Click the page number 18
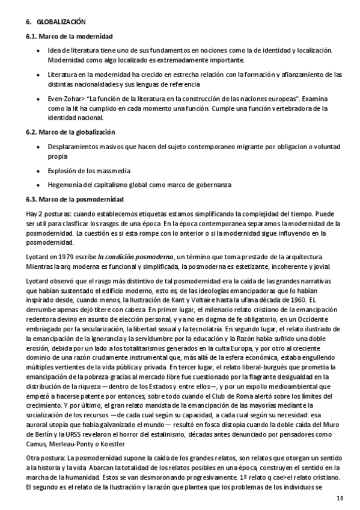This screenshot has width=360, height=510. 340,499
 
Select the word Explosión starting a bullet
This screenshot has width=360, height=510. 64,170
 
